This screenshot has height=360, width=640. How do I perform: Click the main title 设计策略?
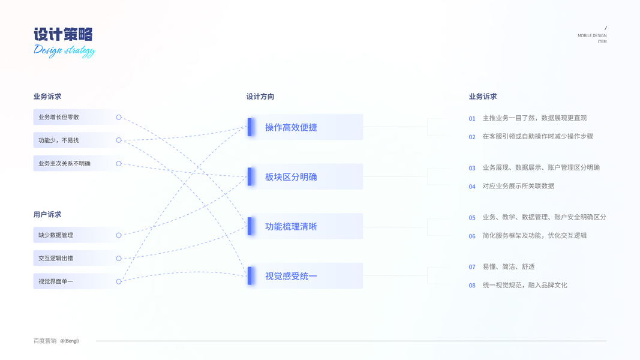tap(63, 34)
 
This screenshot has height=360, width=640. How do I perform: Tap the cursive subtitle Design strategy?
tap(64, 50)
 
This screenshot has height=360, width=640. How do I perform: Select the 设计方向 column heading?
tap(260, 97)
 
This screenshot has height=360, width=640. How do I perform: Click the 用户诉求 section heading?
tap(47, 214)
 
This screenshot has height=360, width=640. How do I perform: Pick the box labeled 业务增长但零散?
tap(72, 117)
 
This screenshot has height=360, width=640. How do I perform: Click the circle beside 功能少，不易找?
tap(119, 140)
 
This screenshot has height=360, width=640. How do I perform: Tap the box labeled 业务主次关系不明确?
tap(72, 163)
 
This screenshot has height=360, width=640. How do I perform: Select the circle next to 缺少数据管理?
tap(119, 235)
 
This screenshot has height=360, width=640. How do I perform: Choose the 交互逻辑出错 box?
tap(72, 258)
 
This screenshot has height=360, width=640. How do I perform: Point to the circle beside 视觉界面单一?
tap(119, 281)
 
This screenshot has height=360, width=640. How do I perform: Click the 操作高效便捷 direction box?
tap(306, 127)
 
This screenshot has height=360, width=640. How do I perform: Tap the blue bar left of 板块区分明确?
tap(250, 176)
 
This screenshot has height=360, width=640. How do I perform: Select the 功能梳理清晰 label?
tap(291, 227)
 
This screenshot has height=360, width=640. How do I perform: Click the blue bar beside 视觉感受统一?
tap(250, 276)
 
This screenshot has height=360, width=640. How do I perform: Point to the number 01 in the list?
tap(472, 119)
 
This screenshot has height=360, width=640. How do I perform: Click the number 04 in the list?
tap(472, 187)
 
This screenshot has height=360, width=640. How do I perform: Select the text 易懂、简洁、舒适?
tap(509, 267)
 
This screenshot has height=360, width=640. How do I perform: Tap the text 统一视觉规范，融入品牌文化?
tap(525, 286)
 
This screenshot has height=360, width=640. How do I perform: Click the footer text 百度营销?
tap(45, 341)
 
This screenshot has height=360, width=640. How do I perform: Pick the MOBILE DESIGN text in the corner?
tap(591, 35)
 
